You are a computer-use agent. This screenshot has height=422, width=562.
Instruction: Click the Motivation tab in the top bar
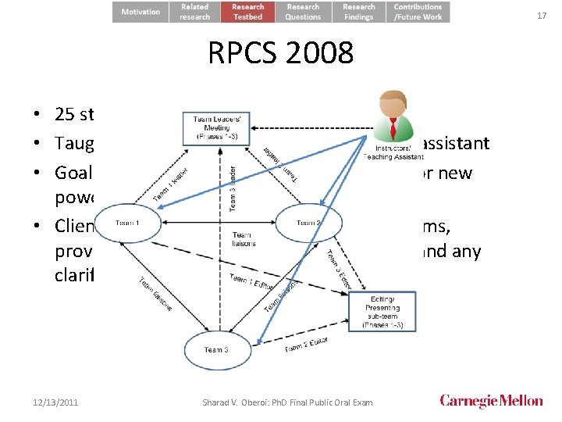140,12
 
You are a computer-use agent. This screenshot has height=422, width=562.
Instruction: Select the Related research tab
195,12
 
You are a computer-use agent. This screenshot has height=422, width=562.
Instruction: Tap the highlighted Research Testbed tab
248,12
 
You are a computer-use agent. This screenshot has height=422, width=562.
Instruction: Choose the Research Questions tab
303,12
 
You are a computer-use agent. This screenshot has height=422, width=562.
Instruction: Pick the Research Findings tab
359,12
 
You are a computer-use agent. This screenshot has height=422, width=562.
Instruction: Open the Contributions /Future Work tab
418,12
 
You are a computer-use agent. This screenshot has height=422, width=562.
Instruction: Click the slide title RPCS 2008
280,54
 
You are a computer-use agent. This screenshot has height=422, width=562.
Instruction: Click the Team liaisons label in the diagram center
242,238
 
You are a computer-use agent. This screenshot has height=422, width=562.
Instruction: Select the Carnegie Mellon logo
491,401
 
